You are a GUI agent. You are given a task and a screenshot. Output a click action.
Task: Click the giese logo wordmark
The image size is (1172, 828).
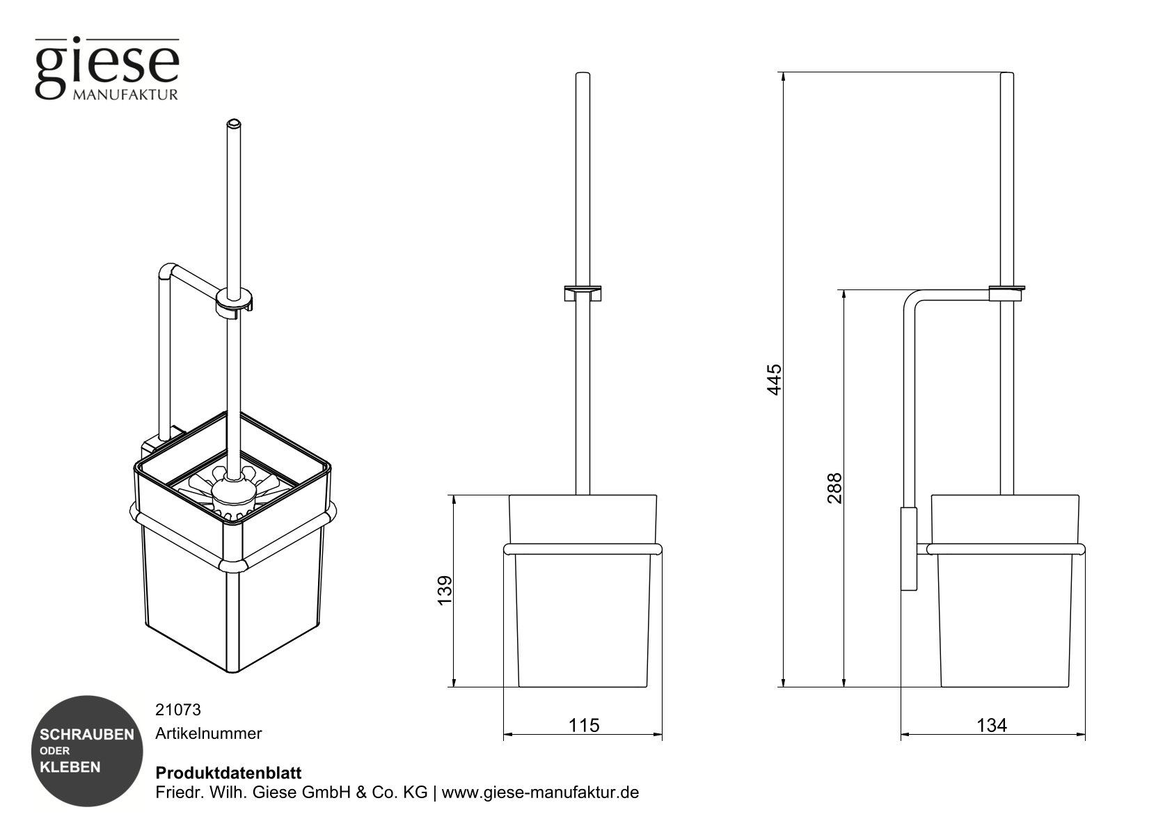(x=107, y=64)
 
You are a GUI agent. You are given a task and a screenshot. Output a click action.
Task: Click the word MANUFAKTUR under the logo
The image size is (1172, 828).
(x=125, y=95)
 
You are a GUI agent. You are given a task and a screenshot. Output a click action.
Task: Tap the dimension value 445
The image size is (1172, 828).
(x=774, y=379)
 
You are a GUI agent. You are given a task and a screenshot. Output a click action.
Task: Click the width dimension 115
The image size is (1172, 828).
(x=583, y=725)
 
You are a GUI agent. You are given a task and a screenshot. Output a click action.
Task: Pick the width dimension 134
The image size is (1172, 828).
(x=991, y=725)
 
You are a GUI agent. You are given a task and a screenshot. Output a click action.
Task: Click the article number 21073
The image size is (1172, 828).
(x=177, y=710)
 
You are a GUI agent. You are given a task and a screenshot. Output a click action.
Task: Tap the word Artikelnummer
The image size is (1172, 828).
(x=209, y=733)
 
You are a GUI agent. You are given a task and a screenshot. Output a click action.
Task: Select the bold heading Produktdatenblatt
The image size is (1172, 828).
(x=228, y=773)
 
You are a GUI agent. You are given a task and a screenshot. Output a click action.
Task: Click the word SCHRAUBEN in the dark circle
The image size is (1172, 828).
(x=87, y=735)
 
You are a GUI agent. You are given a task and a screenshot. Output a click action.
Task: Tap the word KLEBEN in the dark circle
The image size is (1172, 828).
(x=70, y=767)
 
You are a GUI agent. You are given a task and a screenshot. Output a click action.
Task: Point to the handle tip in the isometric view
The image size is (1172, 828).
(x=234, y=125)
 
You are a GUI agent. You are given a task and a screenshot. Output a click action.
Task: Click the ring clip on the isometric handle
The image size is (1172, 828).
(x=234, y=300)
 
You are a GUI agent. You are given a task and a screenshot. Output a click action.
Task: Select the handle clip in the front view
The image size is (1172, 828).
(x=583, y=292)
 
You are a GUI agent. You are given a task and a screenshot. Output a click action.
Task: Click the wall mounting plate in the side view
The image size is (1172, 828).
(x=909, y=549)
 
